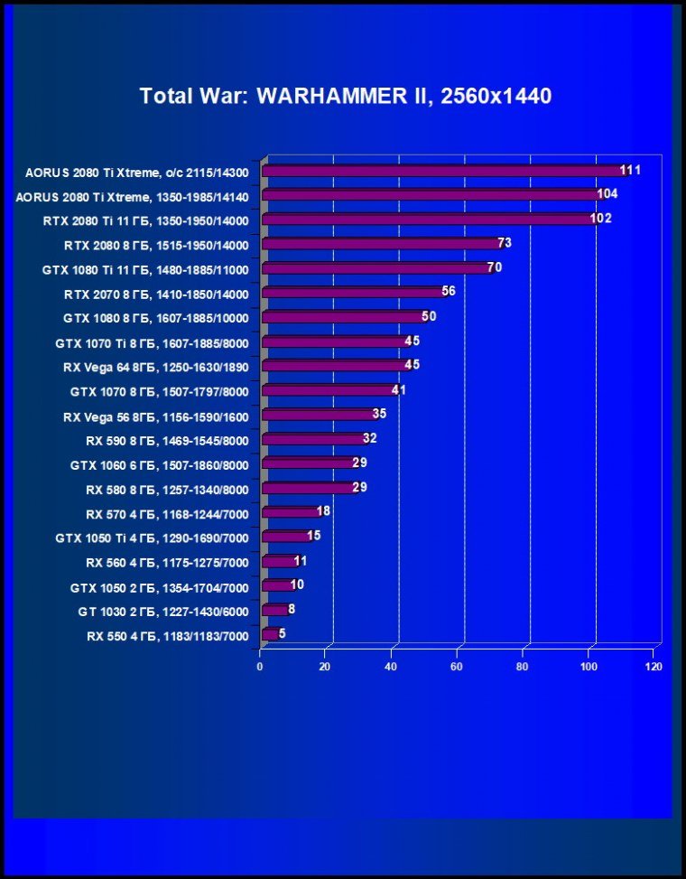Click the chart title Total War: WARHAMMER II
point(345,96)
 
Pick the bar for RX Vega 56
point(318,415)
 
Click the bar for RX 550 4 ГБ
point(269,634)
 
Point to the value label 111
point(630,170)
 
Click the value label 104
point(607,194)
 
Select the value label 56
point(449,291)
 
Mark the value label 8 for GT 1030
point(292,609)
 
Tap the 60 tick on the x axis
point(457,667)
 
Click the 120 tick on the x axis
point(654,667)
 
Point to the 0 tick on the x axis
point(260,667)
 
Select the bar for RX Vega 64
point(334,366)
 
